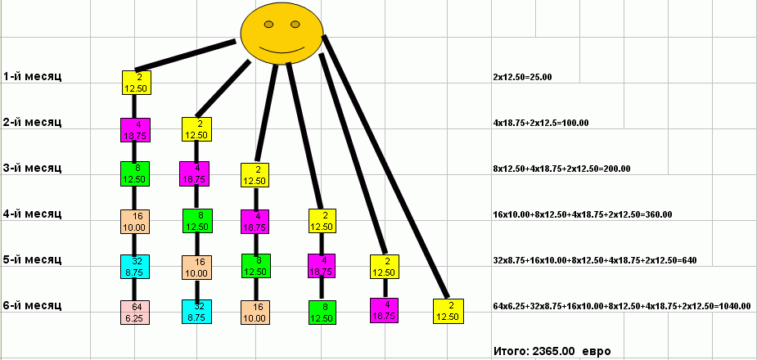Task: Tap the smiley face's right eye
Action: click(x=295, y=24)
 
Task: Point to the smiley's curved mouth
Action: click(x=281, y=50)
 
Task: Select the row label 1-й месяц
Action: click(x=32, y=76)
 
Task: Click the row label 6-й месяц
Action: click(x=32, y=305)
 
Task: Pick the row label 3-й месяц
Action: click(x=32, y=168)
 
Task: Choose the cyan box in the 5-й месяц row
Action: click(x=137, y=266)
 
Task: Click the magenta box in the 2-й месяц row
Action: click(x=135, y=129)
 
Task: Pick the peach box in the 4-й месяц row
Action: click(x=136, y=221)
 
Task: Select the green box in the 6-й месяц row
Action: click(x=322, y=313)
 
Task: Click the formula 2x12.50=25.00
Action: click(x=523, y=77)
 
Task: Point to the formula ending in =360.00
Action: click(x=583, y=214)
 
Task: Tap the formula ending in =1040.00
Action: click(x=622, y=306)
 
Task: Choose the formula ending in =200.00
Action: click(x=561, y=169)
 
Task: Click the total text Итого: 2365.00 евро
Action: click(x=552, y=351)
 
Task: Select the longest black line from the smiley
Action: click(x=385, y=164)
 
